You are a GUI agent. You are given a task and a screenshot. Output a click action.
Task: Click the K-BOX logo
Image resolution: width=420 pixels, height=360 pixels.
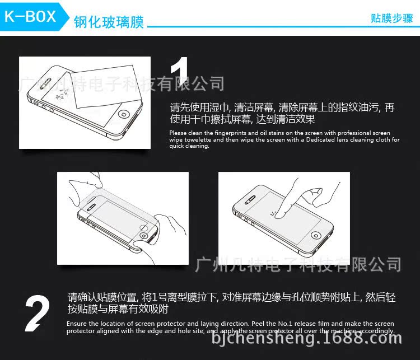pos(30,16)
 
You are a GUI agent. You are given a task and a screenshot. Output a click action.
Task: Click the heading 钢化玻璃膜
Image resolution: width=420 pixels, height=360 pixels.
pos(109,22)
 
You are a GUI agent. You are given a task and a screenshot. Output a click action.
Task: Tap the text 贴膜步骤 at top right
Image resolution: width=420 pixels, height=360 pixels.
pos(391,18)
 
